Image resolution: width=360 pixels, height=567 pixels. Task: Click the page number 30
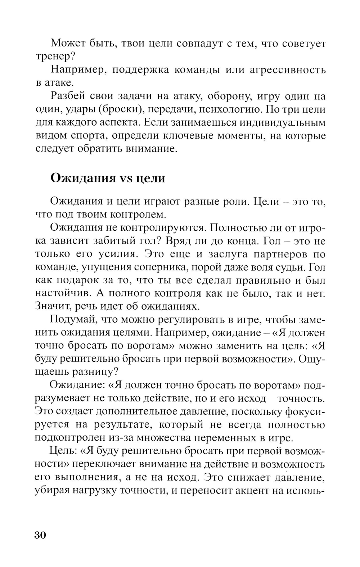point(40,535)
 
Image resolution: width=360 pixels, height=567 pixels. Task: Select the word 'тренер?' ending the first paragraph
point(54,57)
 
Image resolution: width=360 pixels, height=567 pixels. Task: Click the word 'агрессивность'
point(288,70)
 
